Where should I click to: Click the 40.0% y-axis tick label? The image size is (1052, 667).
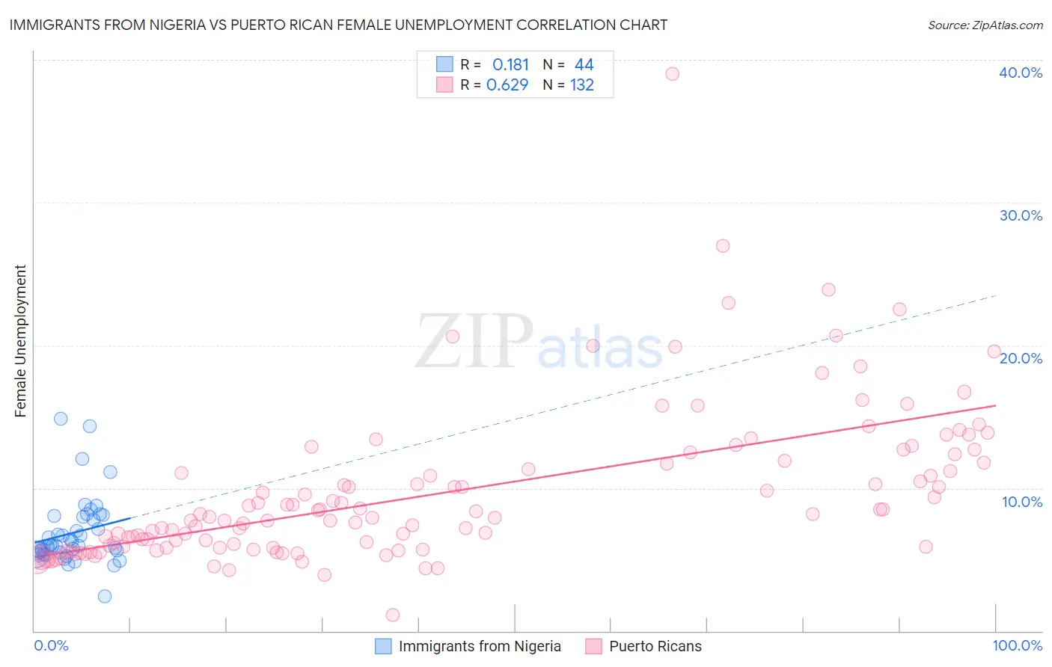pyautogui.click(x=1021, y=73)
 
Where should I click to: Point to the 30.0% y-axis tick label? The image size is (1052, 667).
pyautogui.click(x=1021, y=215)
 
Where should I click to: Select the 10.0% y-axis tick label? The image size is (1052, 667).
pyautogui.click(x=1021, y=502)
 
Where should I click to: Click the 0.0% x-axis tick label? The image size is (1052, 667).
pyautogui.click(x=51, y=645)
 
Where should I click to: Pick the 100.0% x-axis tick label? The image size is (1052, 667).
pyautogui.click(x=1017, y=645)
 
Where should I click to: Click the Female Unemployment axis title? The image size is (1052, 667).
pyautogui.click(x=20, y=341)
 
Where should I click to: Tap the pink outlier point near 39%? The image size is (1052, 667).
pyautogui.click(x=672, y=73)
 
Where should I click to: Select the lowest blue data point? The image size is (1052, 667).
pyautogui.click(x=105, y=596)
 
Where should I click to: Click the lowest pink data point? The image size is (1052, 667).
pyautogui.click(x=393, y=615)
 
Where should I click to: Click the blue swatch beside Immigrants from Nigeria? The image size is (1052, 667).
pyautogui.click(x=383, y=646)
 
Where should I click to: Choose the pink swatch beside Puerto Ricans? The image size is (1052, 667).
pyautogui.click(x=594, y=646)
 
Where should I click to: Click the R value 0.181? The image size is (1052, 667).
pyautogui.click(x=510, y=65)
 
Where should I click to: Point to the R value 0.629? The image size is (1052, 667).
pyautogui.click(x=507, y=85)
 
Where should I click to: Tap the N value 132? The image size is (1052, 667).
pyautogui.click(x=582, y=85)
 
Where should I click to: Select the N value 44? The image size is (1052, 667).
pyautogui.click(x=584, y=65)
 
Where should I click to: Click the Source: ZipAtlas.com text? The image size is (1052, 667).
pyautogui.click(x=985, y=25)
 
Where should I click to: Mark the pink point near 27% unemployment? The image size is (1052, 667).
pyautogui.click(x=722, y=246)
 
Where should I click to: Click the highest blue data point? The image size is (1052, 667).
pyautogui.click(x=61, y=419)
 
